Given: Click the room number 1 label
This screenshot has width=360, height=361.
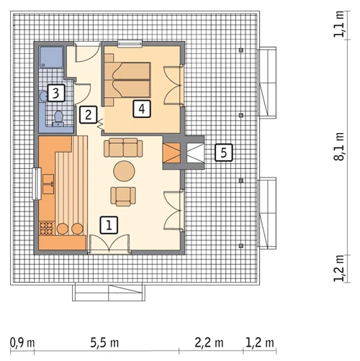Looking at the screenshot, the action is coord(109,225).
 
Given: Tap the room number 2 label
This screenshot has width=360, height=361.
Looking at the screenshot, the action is coord(89,115).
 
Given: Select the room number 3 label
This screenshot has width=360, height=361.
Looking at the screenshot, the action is coord(56,93).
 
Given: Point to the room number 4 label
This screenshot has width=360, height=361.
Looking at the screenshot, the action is coord(142,109).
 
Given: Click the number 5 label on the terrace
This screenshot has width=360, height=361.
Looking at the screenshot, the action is coord(224,152).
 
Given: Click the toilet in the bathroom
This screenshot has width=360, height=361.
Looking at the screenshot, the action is coord(58,119).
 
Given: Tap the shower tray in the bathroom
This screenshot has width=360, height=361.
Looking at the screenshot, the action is coord(51,57).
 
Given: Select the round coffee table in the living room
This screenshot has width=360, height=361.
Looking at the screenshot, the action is coord(124,171).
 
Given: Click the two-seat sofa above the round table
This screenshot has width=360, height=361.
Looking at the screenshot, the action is coord(123,147).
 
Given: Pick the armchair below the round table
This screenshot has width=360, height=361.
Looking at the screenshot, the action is coord(123,196).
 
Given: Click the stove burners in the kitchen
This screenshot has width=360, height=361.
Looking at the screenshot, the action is coord(47,228).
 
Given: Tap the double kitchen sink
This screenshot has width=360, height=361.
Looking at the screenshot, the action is coord(48,184).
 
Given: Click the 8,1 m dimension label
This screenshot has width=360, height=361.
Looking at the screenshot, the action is coord(339,147).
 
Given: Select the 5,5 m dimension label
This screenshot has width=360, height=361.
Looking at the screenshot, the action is coord(104,343).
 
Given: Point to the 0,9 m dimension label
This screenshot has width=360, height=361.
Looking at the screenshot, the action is coord(22,343).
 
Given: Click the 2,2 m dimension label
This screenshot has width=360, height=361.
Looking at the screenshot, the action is coord(209,343).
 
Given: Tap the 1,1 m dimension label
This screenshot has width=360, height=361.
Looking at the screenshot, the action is coord(339,24).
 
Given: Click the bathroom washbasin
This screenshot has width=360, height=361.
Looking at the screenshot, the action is coord(44,96).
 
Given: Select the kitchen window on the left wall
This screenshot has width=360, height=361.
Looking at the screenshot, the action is coord(37,184).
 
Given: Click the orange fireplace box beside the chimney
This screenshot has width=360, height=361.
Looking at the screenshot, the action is coord(171,152).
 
